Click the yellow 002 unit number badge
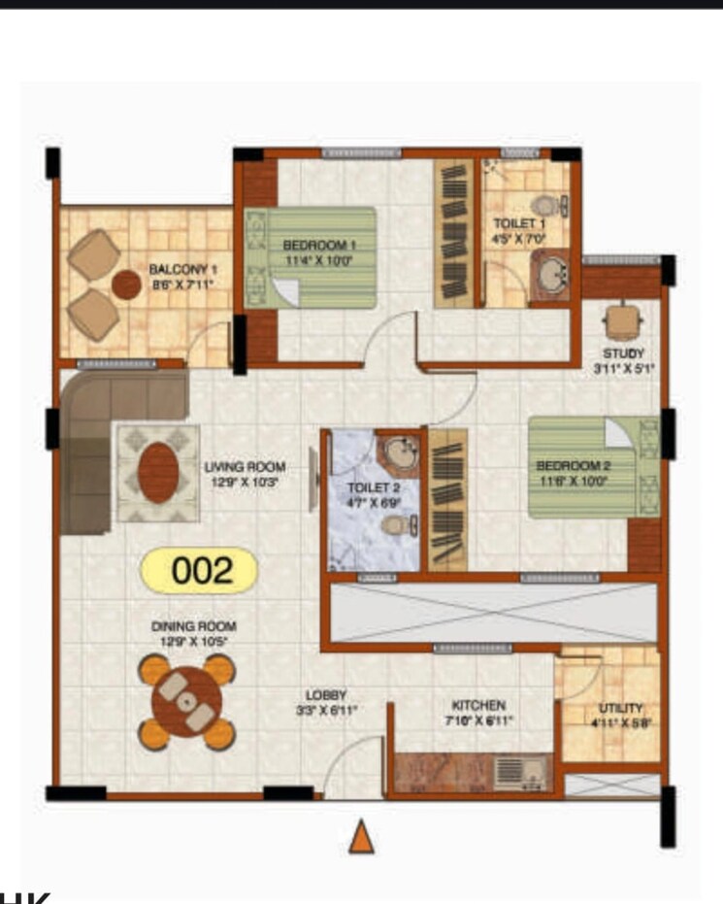(x=203, y=571)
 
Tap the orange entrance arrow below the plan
(x=361, y=836)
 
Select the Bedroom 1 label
(x=319, y=252)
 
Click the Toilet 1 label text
(x=512, y=230)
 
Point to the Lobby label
(x=326, y=702)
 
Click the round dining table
(x=186, y=701)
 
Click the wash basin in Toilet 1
(x=553, y=275)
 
